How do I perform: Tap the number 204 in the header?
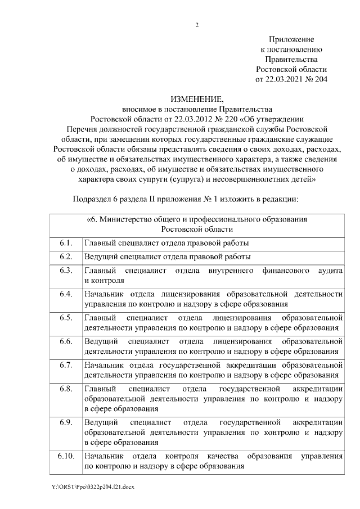pos(320,79)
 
